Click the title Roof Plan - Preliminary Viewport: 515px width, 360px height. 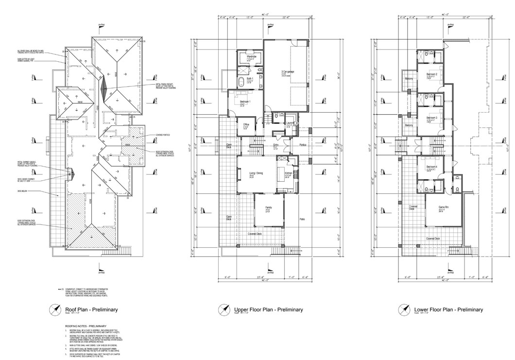(x=91, y=309)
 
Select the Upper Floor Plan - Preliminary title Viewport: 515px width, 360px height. (x=269, y=309)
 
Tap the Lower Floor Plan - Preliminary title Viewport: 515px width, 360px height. (x=448, y=309)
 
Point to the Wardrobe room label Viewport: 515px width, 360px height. (x=251, y=56)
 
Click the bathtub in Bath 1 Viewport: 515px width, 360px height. (x=241, y=80)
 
